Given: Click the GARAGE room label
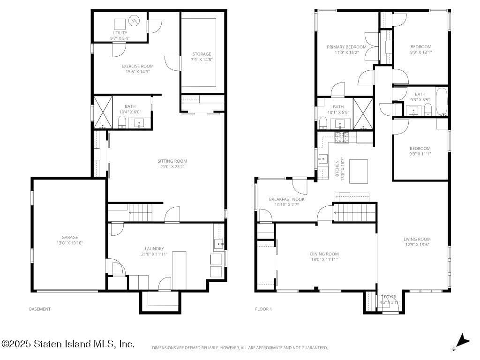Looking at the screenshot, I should pyautogui.click(x=69, y=237).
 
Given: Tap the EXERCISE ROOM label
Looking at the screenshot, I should pyautogui.click(x=137, y=66).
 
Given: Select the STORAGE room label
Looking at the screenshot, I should pyautogui.click(x=201, y=54).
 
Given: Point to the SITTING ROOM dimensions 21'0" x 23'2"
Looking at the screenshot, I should pyautogui.click(x=172, y=167).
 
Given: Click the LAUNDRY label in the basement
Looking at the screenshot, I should pyautogui.click(x=154, y=248).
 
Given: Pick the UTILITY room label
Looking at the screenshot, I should pyautogui.click(x=120, y=33).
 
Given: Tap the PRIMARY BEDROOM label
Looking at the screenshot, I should pyautogui.click(x=346, y=47).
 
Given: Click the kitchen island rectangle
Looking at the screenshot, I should pyautogui.click(x=359, y=172).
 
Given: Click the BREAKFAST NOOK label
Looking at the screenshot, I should pyautogui.click(x=286, y=199).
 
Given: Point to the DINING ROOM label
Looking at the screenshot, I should pyautogui.click(x=324, y=254).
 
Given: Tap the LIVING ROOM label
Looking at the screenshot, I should pyautogui.click(x=417, y=239).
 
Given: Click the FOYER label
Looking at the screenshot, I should pyautogui.click(x=389, y=297).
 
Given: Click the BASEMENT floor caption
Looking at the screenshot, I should pyautogui.click(x=40, y=309).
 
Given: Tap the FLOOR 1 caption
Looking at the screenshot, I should pyautogui.click(x=263, y=309).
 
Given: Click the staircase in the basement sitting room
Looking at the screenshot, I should pyautogui.click(x=141, y=213).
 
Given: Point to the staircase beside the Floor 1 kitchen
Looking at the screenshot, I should pyautogui.click(x=354, y=212).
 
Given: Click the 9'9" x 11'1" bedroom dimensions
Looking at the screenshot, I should pyautogui.click(x=420, y=154).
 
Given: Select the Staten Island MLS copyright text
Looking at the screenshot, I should pyautogui.click(x=68, y=344).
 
